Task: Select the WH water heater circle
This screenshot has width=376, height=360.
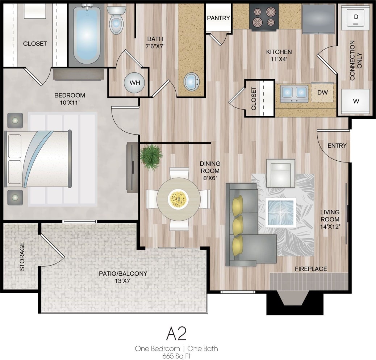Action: [135, 82]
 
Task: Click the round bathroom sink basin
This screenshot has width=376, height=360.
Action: [191, 82]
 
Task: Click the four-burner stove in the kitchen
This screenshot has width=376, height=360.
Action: [264, 17]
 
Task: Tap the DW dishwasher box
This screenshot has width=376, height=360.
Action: [322, 92]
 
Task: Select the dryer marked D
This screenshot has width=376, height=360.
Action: [355, 17]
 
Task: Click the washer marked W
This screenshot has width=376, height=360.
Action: [355, 101]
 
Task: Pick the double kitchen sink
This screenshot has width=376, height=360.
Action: [294, 93]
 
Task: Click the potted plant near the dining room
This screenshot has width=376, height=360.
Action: [151, 156]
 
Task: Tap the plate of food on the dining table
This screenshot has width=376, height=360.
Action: [178, 199]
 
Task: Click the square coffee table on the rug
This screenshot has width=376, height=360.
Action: [280, 212]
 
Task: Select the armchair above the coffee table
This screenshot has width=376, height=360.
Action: [280, 173]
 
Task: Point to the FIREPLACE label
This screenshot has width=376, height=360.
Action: [310, 269]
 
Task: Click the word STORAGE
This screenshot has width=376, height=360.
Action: [22, 256]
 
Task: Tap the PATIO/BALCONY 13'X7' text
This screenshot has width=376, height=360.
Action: [123, 277]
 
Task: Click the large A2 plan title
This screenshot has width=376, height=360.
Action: [176, 334]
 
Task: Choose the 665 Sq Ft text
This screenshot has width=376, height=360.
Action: [176, 355]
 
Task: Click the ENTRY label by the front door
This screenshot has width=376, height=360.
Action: [337, 146]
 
